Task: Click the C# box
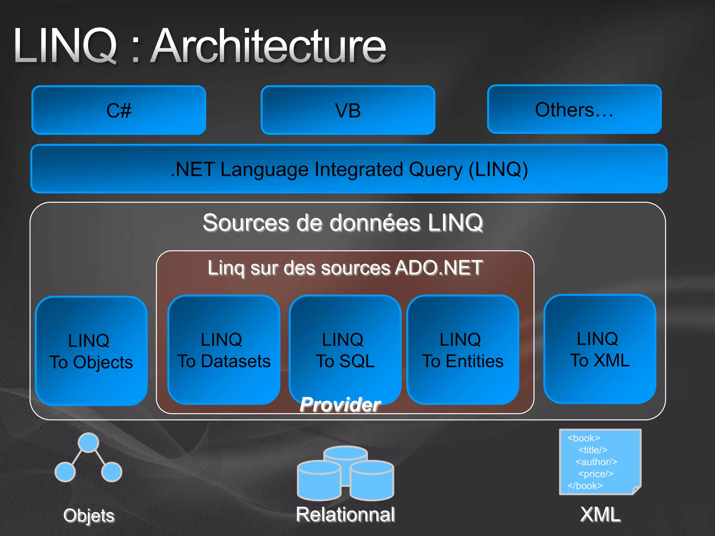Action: (x=119, y=110)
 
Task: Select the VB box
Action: (x=348, y=110)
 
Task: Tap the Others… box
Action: (x=574, y=109)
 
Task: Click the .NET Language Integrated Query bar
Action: (x=349, y=169)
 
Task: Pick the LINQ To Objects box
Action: (x=91, y=351)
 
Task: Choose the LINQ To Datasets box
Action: (x=224, y=350)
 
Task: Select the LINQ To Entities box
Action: (x=463, y=350)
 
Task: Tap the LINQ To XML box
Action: (x=600, y=349)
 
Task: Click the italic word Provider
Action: (x=340, y=404)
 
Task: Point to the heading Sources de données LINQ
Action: (x=343, y=223)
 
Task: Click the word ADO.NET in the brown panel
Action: (x=439, y=268)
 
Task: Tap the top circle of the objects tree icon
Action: (x=88, y=442)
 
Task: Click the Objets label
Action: (x=89, y=515)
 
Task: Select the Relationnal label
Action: (x=345, y=514)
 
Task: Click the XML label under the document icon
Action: (x=600, y=514)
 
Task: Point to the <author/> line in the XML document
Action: (x=596, y=462)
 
